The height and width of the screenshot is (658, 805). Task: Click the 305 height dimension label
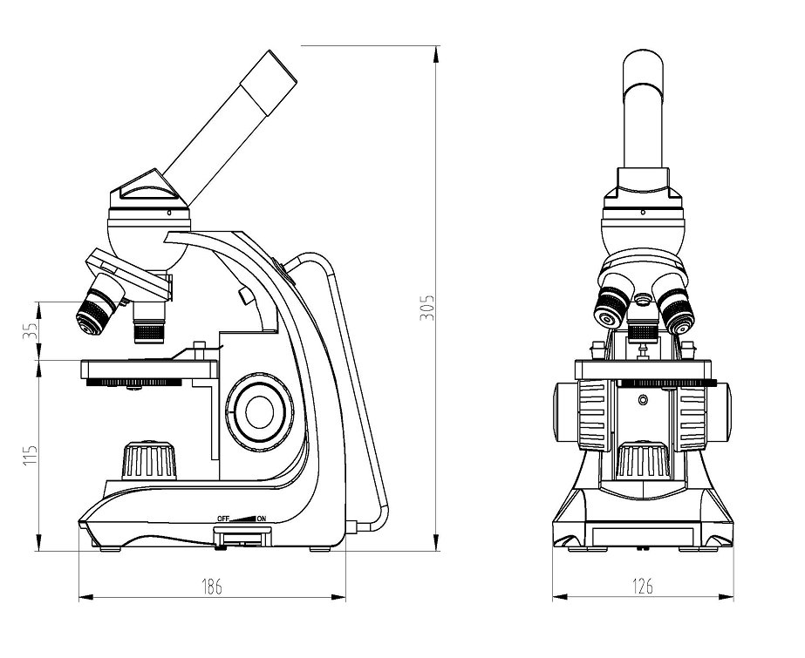[427, 307]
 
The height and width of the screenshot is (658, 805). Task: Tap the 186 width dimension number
[211, 586]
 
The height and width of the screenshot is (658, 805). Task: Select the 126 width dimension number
[643, 586]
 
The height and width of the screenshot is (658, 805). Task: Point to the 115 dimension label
[31, 455]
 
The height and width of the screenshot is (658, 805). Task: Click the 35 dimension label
[31, 330]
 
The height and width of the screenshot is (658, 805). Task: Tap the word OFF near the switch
[222, 519]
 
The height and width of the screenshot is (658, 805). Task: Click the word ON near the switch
[262, 519]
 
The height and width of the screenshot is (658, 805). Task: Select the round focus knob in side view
[259, 411]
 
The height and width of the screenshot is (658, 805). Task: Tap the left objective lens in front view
[611, 307]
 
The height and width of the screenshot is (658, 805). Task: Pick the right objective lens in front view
[675, 309]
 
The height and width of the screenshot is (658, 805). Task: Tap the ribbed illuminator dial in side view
[149, 459]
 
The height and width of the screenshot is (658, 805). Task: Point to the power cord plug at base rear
[351, 527]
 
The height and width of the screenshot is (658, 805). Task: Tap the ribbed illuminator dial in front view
[643, 459]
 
